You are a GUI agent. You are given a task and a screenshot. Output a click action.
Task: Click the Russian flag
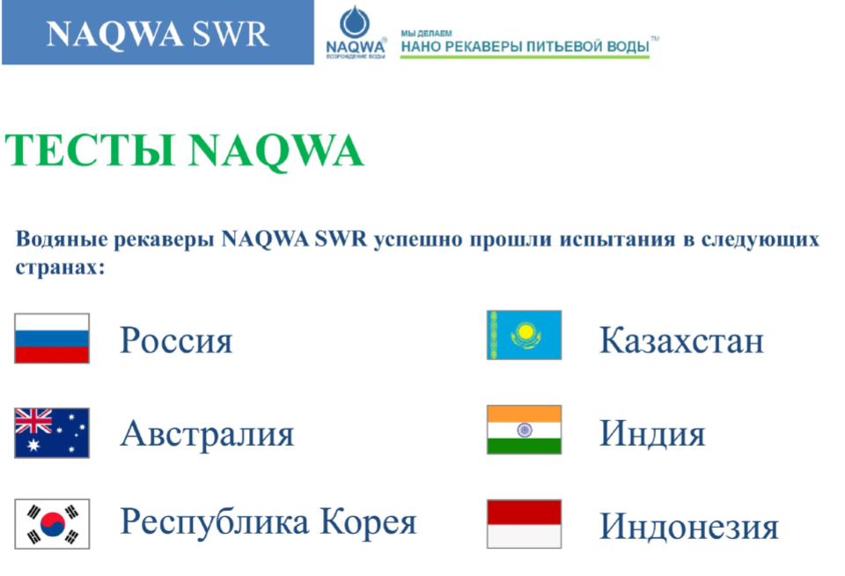(x=52, y=338)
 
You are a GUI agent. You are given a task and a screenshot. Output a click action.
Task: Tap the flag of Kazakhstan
(x=524, y=335)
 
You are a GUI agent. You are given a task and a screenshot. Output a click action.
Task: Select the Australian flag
(x=52, y=433)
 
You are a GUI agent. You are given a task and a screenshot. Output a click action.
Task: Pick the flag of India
(x=524, y=430)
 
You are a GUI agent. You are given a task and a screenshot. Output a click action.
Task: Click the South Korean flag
(x=52, y=524)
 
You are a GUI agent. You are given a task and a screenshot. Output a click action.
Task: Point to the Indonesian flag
(x=524, y=524)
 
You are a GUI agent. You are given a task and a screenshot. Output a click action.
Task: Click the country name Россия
(x=176, y=341)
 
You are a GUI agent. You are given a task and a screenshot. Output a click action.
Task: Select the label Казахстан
(x=681, y=340)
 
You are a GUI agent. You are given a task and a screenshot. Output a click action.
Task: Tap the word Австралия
(x=207, y=433)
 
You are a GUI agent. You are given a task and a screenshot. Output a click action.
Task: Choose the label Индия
(x=652, y=433)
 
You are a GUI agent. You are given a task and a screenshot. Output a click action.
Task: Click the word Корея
(x=368, y=522)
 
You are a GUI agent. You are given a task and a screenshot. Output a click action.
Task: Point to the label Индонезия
(x=688, y=527)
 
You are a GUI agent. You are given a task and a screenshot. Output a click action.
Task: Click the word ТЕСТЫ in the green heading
(x=90, y=150)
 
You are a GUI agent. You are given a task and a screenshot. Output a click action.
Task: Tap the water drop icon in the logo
(x=355, y=22)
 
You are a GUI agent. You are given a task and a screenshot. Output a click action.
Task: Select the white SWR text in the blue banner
(x=231, y=34)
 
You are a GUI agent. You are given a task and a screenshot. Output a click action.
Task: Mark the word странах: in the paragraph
(x=60, y=268)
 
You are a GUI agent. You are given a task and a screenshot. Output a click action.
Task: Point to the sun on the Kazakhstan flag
(x=525, y=331)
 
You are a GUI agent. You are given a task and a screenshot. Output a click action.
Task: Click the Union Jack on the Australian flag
(x=33, y=421)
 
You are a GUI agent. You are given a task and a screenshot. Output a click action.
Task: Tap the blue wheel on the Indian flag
(x=525, y=430)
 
